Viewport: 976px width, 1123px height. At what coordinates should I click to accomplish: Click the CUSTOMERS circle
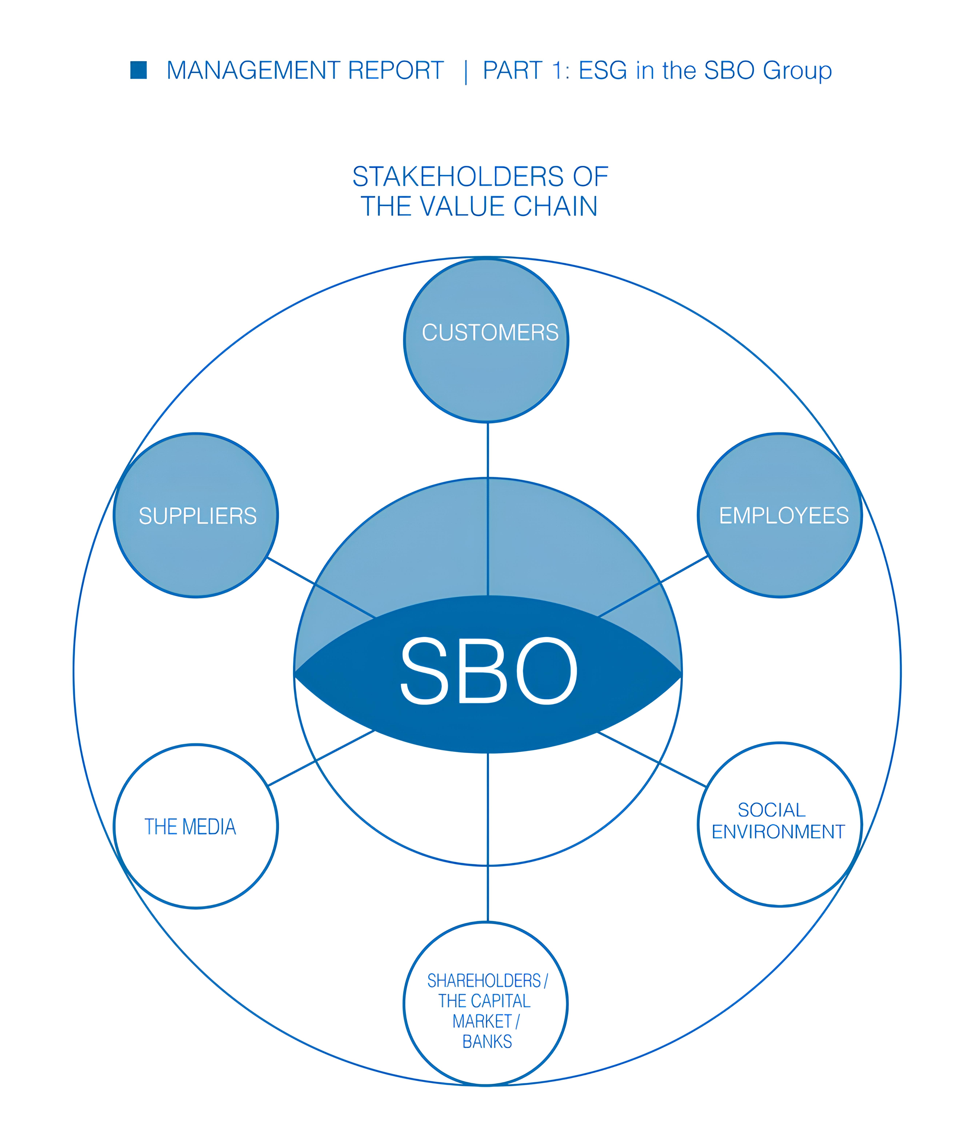(486, 340)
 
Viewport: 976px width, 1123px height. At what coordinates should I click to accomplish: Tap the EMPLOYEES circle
(780, 515)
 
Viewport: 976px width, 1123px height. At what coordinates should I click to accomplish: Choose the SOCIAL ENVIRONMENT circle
(780, 825)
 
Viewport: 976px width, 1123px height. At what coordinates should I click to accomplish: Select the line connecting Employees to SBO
(653, 587)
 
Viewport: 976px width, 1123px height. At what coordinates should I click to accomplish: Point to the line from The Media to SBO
(322, 758)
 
